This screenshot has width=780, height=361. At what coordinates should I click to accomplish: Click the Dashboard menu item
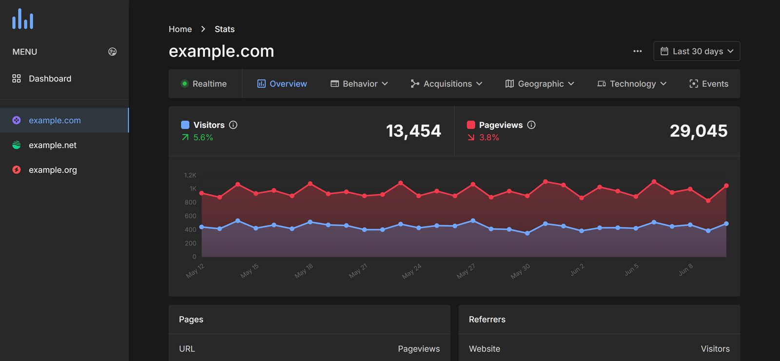pos(49,78)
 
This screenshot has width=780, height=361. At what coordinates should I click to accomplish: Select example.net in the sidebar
pos(52,145)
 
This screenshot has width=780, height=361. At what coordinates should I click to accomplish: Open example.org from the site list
pos(53,170)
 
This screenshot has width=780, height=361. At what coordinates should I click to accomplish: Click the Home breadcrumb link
pos(180,29)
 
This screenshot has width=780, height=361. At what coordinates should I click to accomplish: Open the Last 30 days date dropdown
pos(697,51)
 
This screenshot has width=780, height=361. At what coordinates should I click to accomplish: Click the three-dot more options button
pos(637,51)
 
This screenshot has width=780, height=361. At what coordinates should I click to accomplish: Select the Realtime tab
pos(204,84)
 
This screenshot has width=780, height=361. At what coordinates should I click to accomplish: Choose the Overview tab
pos(282,84)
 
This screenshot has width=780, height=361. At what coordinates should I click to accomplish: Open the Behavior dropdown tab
pos(359,84)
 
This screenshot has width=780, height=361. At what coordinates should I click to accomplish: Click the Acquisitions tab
pos(447,84)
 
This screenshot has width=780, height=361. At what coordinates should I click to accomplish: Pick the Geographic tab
pos(540,84)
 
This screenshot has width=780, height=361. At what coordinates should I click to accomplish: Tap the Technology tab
pos(632,84)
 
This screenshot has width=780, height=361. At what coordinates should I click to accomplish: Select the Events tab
pos(709,84)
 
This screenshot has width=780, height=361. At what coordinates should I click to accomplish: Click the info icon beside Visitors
pos(233,125)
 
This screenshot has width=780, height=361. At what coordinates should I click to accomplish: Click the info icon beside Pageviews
pos(531,125)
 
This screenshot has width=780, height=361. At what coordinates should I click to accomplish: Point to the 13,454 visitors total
pos(413,131)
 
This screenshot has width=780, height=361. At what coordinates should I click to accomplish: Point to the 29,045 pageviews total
pos(699,131)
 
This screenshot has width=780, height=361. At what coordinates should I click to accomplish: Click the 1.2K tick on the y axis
pos(190,175)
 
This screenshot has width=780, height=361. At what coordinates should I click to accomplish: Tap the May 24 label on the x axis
pos(411,271)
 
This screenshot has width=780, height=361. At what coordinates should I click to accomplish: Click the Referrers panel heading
pos(487,320)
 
